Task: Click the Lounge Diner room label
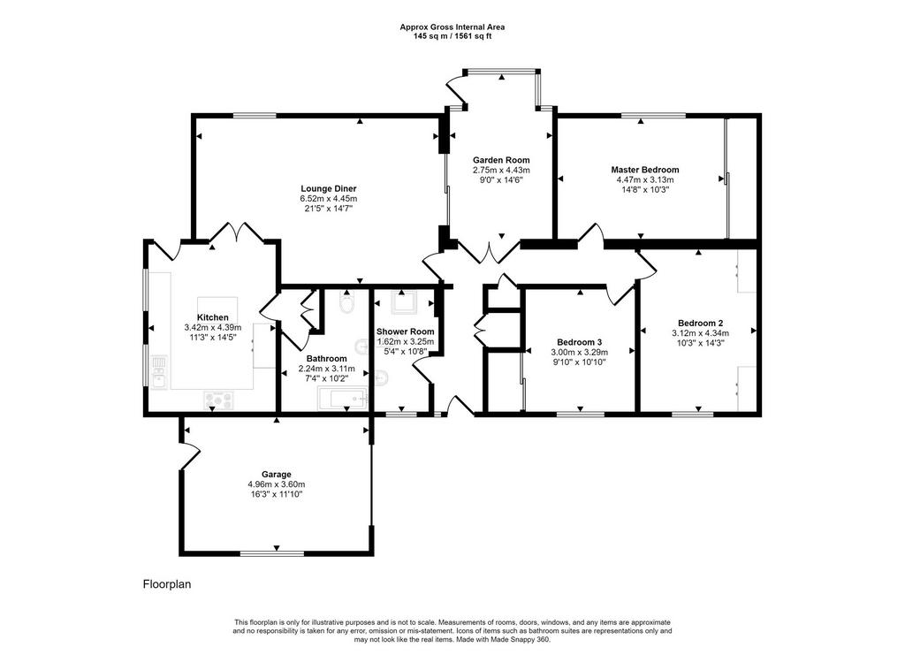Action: (x=329, y=188)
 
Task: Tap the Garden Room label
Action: (x=501, y=160)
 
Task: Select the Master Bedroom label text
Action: (x=644, y=170)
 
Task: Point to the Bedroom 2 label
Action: (x=700, y=324)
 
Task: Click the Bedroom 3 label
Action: (x=579, y=342)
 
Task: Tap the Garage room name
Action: (x=277, y=475)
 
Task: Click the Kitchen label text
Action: (x=212, y=317)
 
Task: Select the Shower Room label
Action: (x=405, y=331)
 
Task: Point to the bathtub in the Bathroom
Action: (x=342, y=399)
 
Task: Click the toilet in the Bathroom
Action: (x=346, y=303)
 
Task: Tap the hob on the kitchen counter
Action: (x=219, y=400)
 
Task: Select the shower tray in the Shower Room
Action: (x=403, y=302)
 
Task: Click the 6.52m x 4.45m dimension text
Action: (x=329, y=199)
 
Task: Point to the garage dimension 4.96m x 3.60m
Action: (x=277, y=484)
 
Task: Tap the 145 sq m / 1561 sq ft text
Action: (x=452, y=35)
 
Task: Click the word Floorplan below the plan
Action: (x=167, y=584)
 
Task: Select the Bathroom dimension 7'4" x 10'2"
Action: (x=327, y=378)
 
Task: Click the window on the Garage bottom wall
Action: (x=272, y=553)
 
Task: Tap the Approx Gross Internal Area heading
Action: (x=452, y=27)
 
